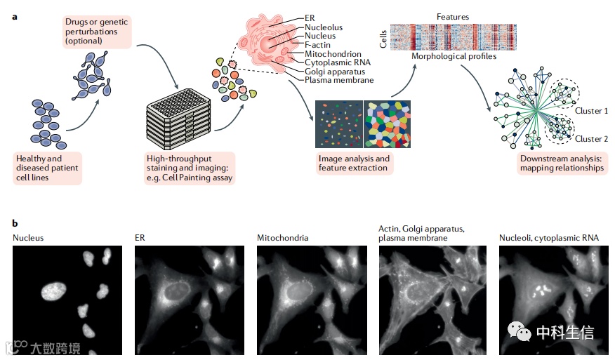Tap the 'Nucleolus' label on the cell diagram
click(x=324, y=27)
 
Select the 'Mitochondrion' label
click(x=333, y=54)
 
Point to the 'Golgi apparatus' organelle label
click(x=336, y=72)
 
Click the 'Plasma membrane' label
click(x=339, y=81)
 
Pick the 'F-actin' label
click(x=317, y=45)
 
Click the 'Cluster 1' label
click(x=591, y=111)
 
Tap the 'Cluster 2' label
click(x=591, y=138)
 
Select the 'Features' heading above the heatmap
click(x=453, y=16)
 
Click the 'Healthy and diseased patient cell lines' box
click(x=47, y=168)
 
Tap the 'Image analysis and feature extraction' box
click(x=355, y=164)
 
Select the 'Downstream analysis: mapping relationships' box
click(x=561, y=164)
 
